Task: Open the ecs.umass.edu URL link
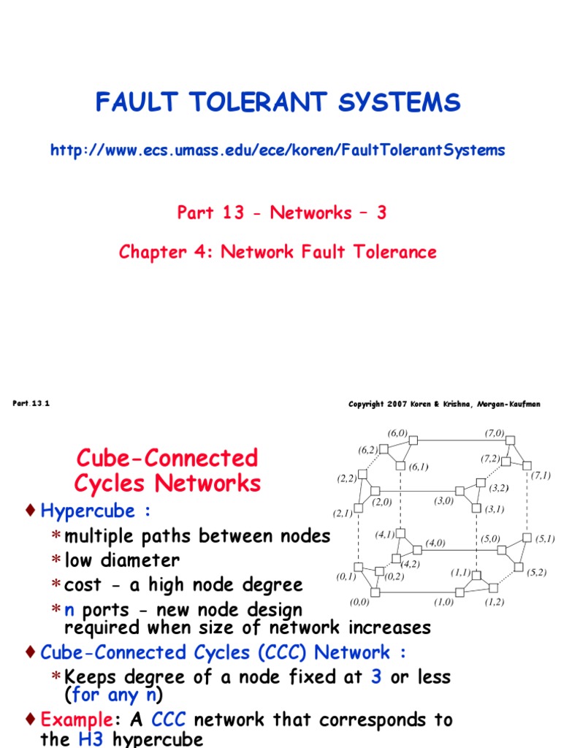[x=278, y=150]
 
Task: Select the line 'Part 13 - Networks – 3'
[x=281, y=213]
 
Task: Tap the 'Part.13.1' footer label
[x=31, y=403]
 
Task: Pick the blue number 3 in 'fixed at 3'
[x=376, y=676]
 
